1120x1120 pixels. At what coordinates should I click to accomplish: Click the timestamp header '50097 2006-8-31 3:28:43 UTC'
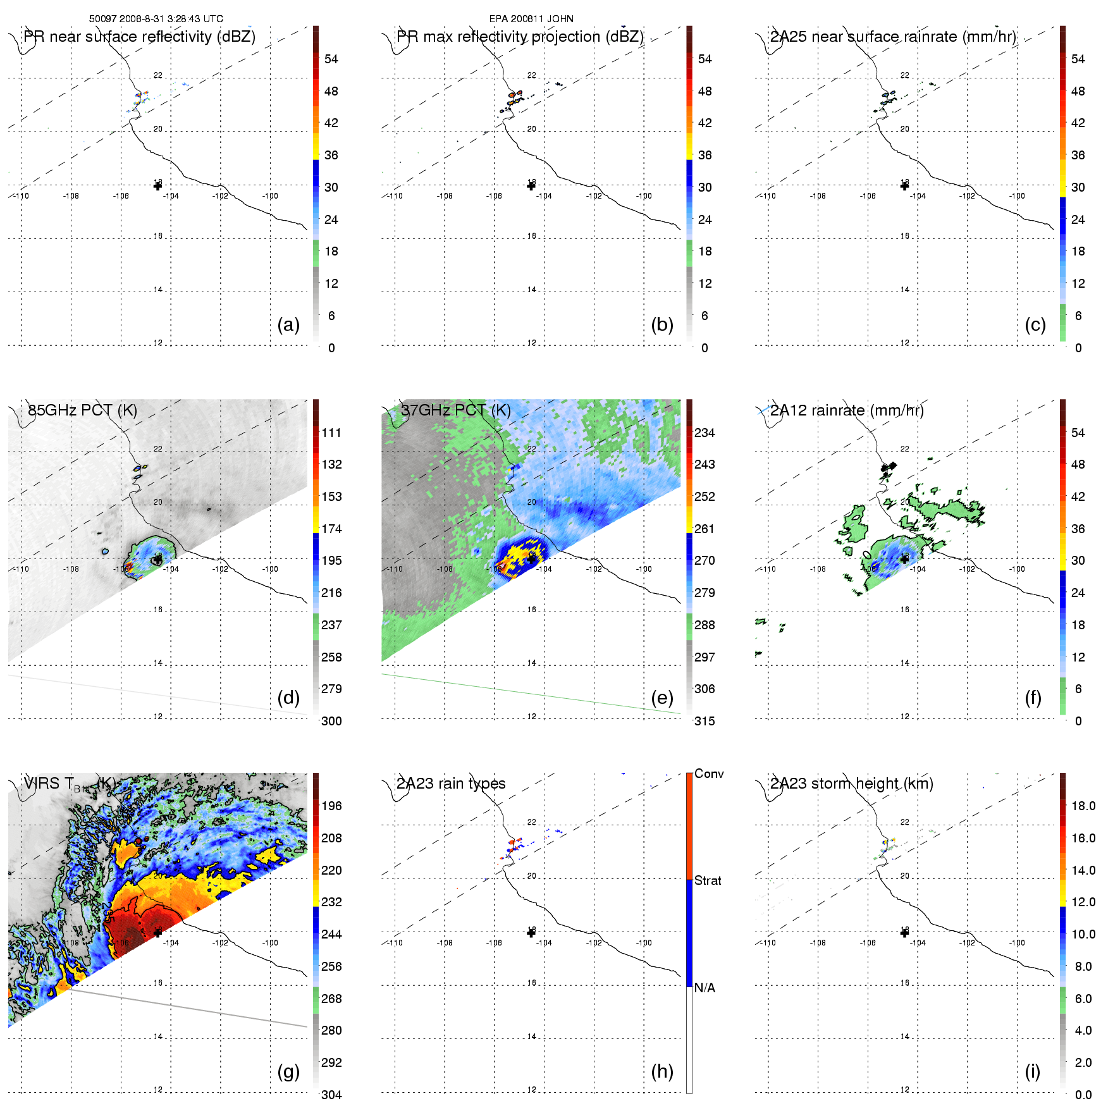(156, 19)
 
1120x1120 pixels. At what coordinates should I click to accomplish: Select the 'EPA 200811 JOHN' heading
(531, 19)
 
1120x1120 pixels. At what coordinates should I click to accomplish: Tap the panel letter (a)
(288, 324)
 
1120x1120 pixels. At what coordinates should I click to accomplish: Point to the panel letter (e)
(662, 698)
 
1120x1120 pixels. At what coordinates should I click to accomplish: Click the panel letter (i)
(1032, 1071)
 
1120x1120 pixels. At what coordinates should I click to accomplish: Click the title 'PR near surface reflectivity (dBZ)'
(139, 37)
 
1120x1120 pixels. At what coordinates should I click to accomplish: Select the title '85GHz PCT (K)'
(82, 410)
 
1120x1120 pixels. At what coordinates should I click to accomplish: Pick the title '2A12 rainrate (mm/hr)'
(847, 410)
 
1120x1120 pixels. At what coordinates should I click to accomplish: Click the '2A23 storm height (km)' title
(851, 784)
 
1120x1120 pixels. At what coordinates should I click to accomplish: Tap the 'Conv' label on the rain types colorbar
(709, 773)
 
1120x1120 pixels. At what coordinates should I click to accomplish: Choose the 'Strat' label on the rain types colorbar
(708, 880)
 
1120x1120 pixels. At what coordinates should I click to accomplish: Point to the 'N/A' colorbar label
(705, 988)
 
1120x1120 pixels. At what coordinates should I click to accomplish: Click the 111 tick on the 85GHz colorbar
(331, 433)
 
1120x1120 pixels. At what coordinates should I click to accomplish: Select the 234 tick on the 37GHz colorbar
(705, 433)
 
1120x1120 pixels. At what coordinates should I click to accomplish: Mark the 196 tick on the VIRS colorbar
(331, 806)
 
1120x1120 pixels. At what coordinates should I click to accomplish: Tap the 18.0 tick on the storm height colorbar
(1083, 806)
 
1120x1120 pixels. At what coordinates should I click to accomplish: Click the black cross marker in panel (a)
(157, 186)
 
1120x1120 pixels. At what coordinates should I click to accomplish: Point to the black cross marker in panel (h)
(531, 933)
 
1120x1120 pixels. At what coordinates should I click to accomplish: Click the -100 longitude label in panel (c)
(1017, 196)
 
